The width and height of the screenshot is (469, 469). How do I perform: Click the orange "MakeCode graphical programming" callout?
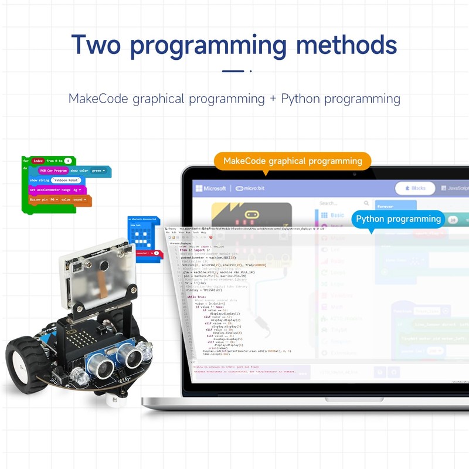(x=293, y=161)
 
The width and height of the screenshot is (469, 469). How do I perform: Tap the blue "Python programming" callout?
(x=399, y=219)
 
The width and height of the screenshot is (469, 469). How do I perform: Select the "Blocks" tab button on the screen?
(x=414, y=188)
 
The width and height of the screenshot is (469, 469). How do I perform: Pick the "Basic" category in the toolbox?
(x=334, y=215)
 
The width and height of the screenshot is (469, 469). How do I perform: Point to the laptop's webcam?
(x=354, y=174)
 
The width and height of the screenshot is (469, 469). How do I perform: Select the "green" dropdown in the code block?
(x=100, y=171)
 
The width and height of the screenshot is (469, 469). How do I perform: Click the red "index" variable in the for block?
(x=38, y=161)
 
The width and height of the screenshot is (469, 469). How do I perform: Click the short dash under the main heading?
(x=233, y=71)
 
